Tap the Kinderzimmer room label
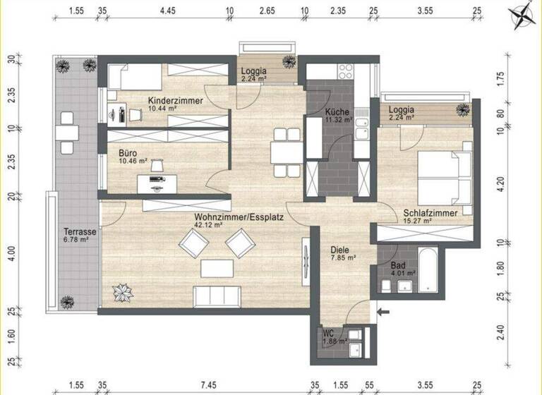[175, 102]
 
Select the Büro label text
[128, 152]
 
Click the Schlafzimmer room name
[430, 213]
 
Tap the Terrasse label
[79, 231]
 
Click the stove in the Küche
[347, 71]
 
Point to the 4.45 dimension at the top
[167, 12]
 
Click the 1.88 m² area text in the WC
[334, 341]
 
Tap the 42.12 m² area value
[210, 226]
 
